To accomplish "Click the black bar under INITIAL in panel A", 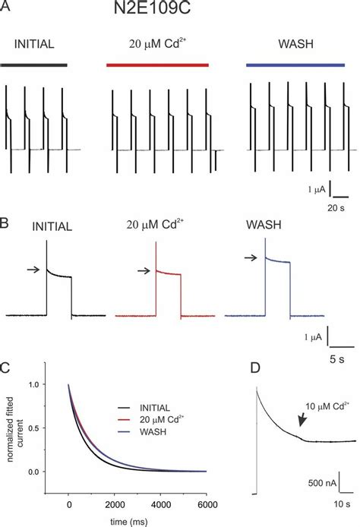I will click(x=35, y=65).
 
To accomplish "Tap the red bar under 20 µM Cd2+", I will click(x=158, y=65).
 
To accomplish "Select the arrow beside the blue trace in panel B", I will click(x=251, y=258).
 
